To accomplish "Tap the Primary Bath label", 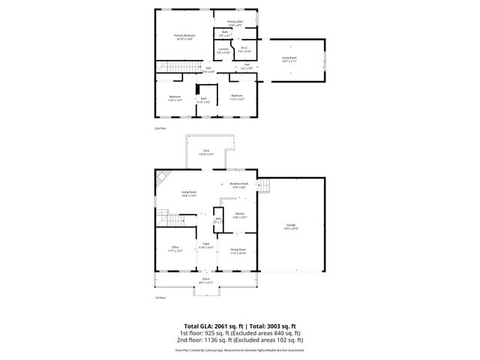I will (234, 22).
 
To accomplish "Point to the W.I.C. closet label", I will (244, 50).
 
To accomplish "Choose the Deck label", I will (206, 151).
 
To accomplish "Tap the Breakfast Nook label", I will (239, 185).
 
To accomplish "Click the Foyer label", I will (205, 244).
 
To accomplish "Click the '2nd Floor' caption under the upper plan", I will (159, 128).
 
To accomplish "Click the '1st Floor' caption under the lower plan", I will (159, 298).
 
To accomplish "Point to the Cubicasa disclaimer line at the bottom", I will (239, 349).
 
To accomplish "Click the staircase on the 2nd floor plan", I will (170, 70).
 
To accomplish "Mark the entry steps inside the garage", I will (264, 186).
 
